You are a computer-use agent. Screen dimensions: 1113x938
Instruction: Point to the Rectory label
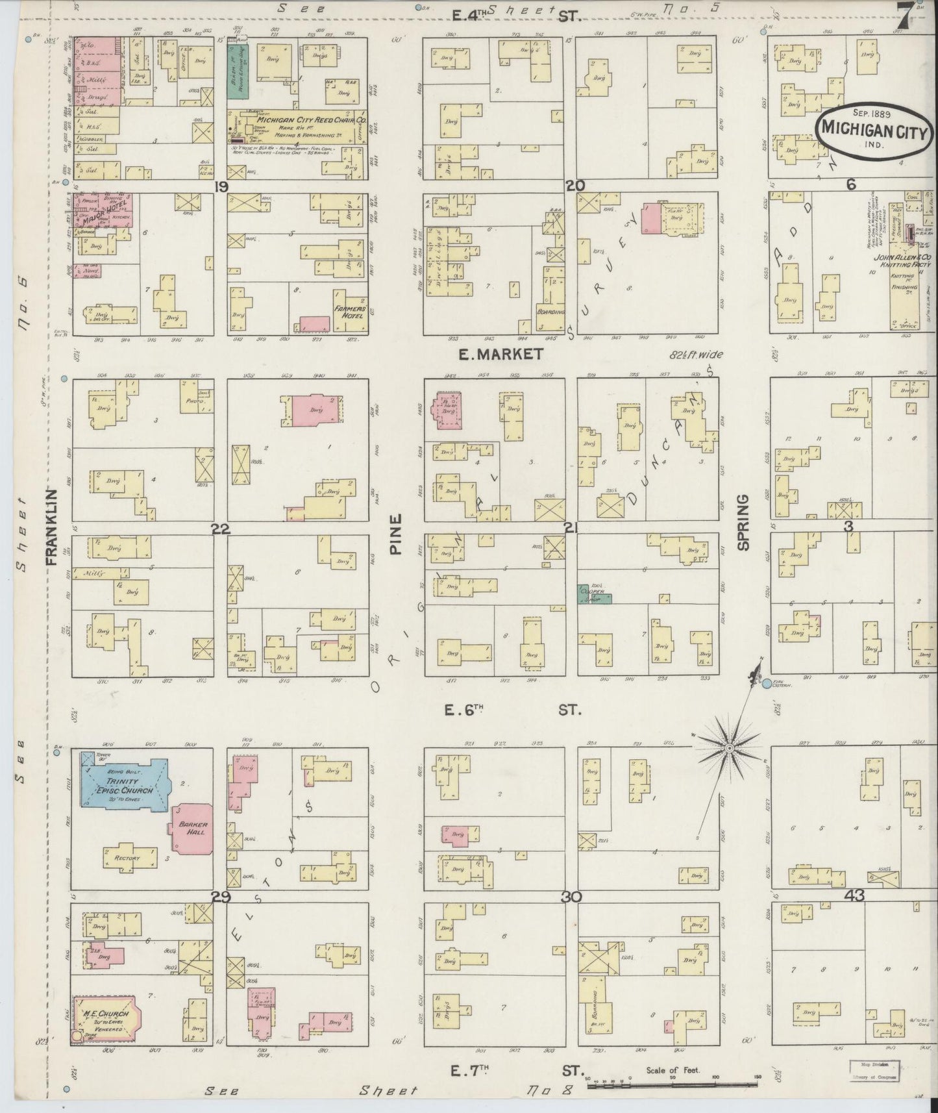(127, 858)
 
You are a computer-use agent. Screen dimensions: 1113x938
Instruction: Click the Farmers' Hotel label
(351, 312)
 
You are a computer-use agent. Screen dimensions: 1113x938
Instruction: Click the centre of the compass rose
(729, 749)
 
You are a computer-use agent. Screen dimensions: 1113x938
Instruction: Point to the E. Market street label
(500, 355)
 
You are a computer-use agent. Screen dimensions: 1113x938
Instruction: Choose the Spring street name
(743, 523)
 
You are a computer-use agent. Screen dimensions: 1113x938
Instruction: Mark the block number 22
(221, 529)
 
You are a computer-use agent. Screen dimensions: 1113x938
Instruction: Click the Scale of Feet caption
(673, 1070)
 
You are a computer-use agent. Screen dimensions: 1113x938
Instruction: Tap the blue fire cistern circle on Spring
(767, 683)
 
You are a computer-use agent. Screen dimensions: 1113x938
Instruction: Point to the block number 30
(571, 897)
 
